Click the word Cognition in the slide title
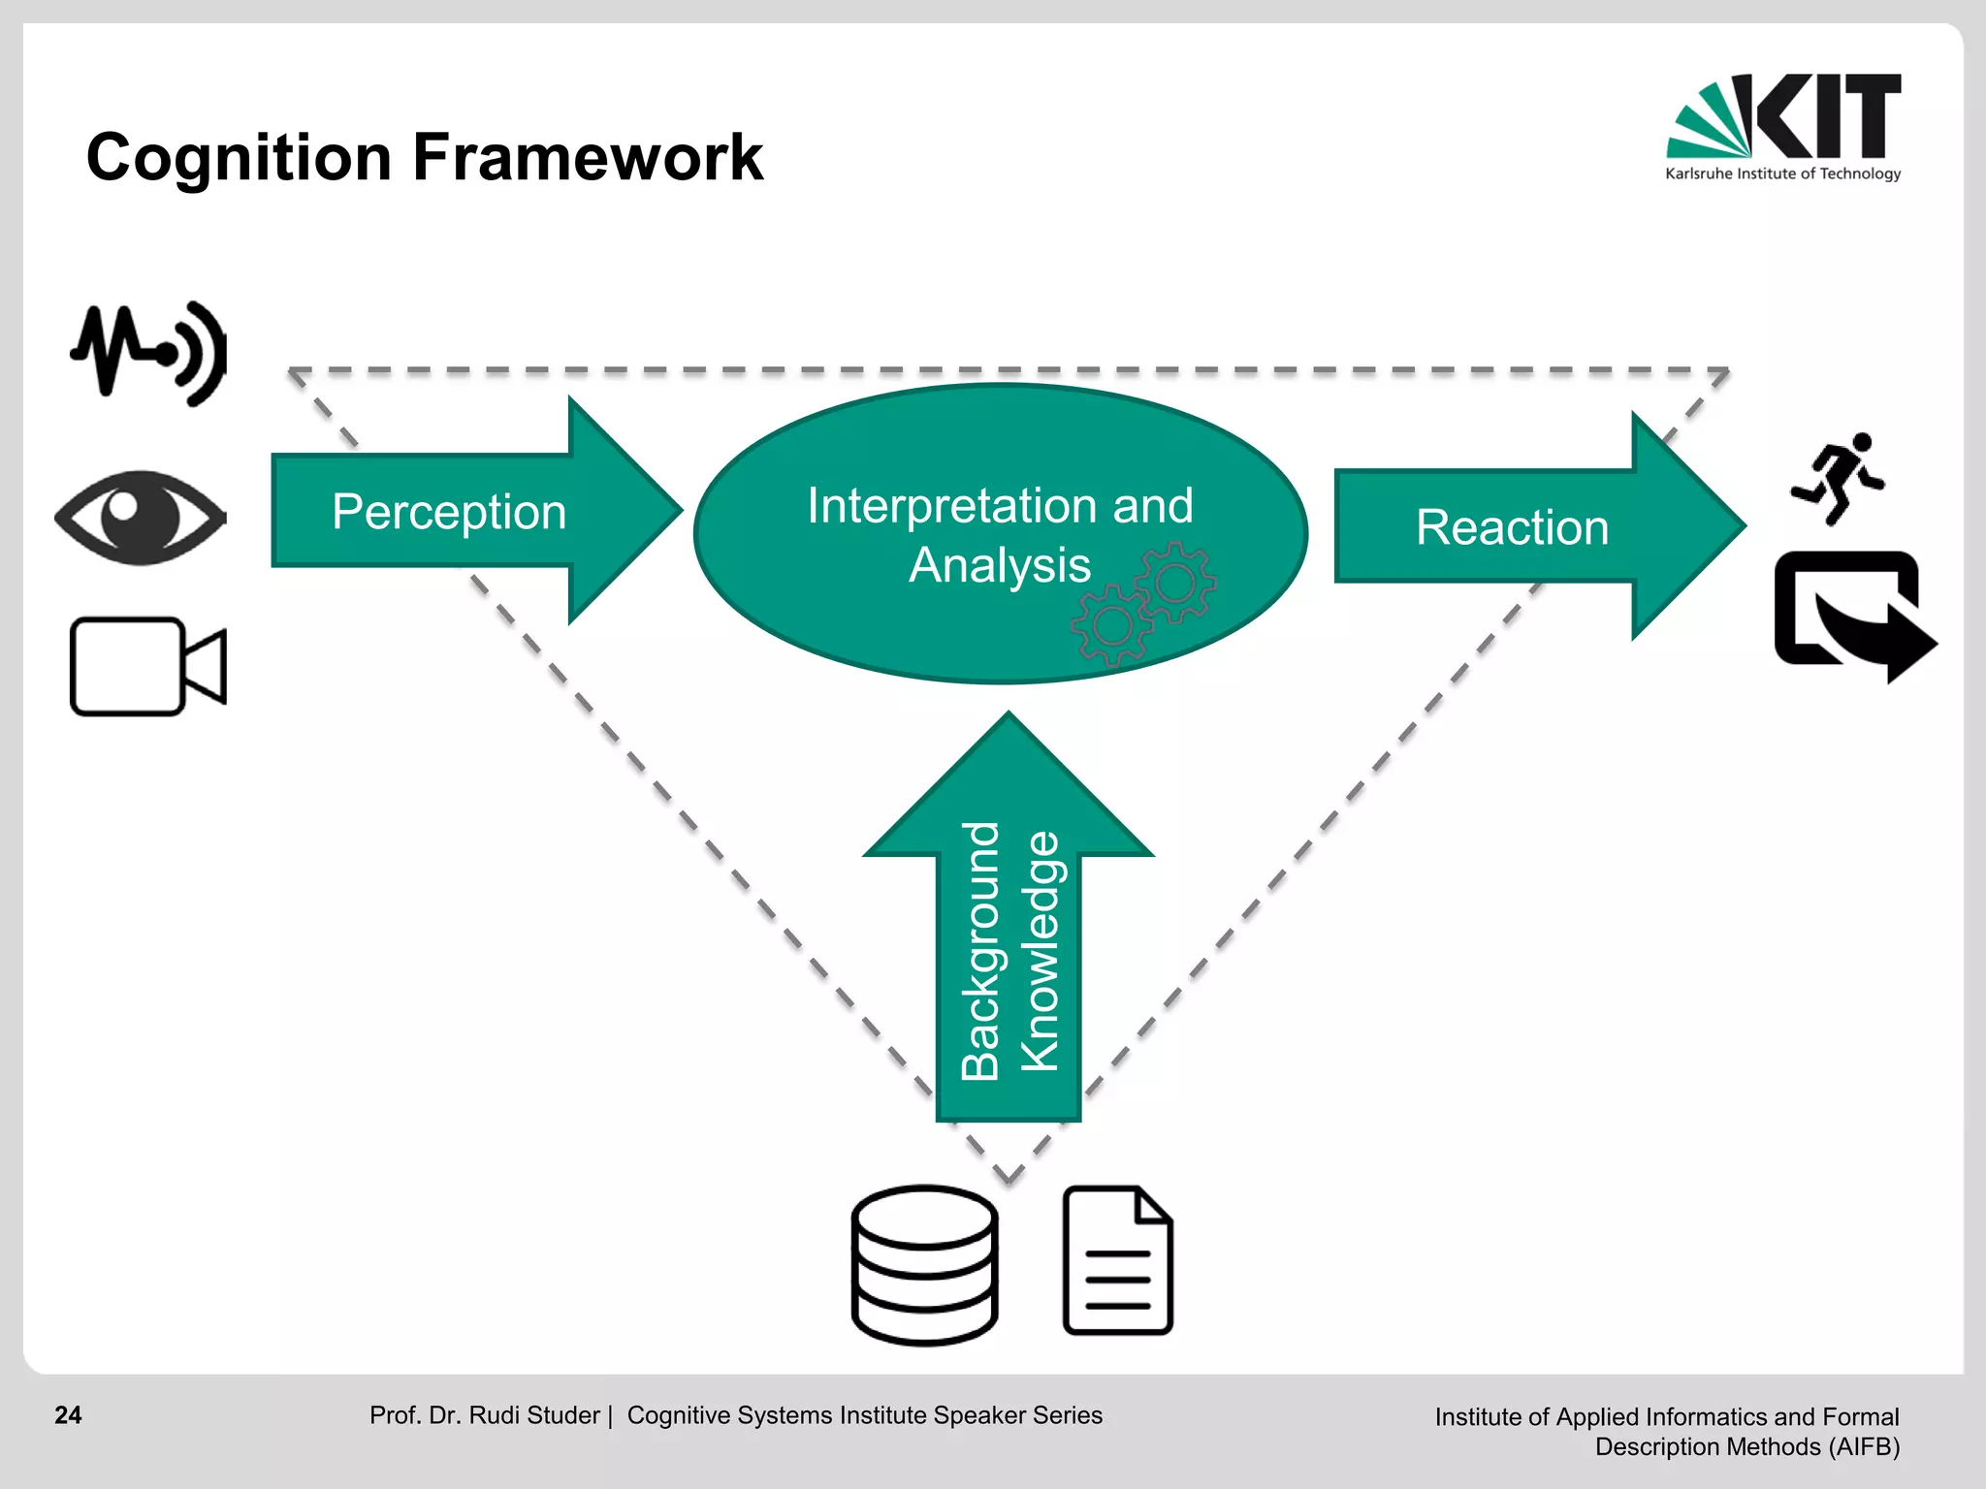pyautogui.click(x=239, y=157)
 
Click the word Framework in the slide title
pyautogui.click(x=588, y=157)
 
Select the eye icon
pyautogui.click(x=141, y=517)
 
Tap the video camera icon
pyautogui.click(x=147, y=667)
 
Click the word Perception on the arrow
pyautogui.click(x=449, y=511)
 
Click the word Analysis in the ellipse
pyautogui.click(x=999, y=565)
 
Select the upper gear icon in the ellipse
pyautogui.click(x=1175, y=582)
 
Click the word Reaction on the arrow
pyautogui.click(x=1512, y=527)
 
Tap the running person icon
pyautogui.click(x=1838, y=479)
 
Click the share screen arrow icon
pyautogui.click(x=1852, y=616)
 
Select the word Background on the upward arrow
pyautogui.click(x=980, y=950)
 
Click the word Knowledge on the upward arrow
pyautogui.click(x=1041, y=950)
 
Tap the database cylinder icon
pyautogui.click(x=924, y=1264)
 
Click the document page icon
pyautogui.click(x=1117, y=1260)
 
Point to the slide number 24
pyautogui.click(x=68, y=1415)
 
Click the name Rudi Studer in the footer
pyautogui.click(x=533, y=1415)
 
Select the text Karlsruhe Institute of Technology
pyautogui.click(x=1782, y=174)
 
